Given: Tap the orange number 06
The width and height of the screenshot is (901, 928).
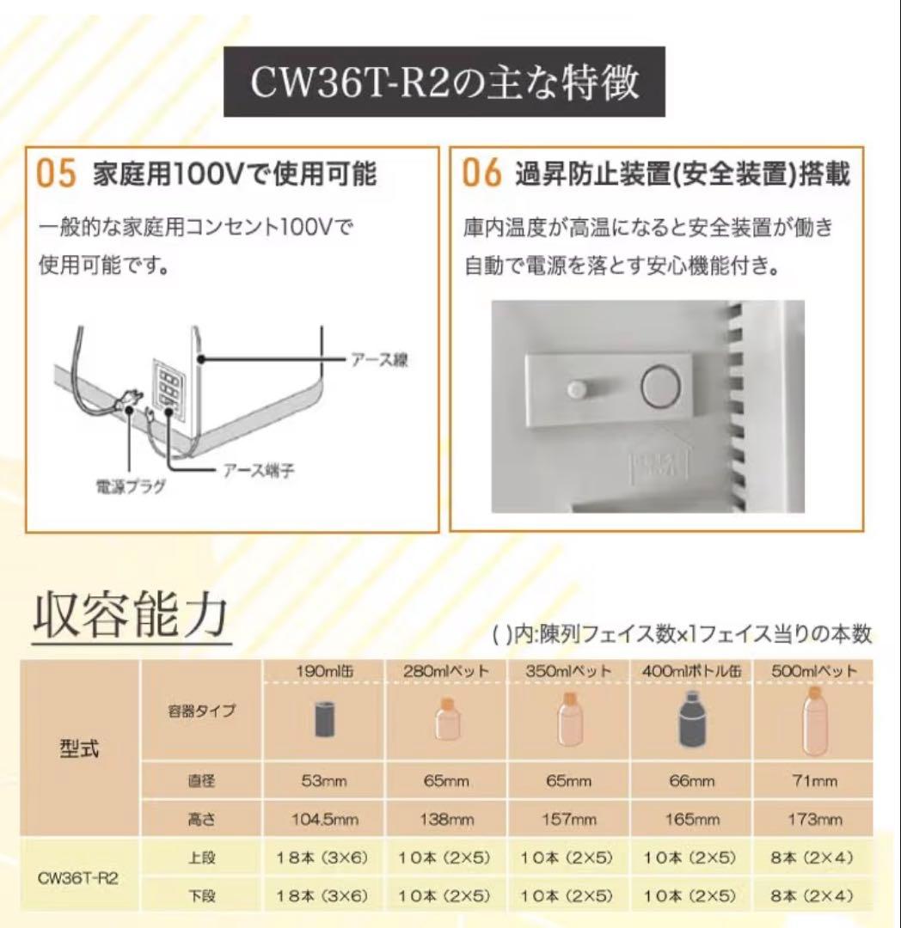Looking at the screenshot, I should tap(481, 174).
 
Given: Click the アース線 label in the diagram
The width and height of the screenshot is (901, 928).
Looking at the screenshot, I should tap(378, 360).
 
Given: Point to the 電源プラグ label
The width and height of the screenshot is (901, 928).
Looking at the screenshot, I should tap(130, 487).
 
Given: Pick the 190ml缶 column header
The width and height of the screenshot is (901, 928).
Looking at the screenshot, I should tap(322, 671).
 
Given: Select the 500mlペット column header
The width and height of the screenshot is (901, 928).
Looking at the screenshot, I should tap(813, 671).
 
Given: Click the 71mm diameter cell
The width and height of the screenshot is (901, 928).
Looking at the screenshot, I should tap(813, 781).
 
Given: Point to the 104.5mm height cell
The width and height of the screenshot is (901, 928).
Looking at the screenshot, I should tap(322, 820).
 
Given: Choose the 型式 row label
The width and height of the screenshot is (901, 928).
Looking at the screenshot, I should tap(79, 748).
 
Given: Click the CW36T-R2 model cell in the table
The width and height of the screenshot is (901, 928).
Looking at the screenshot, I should tap(79, 878).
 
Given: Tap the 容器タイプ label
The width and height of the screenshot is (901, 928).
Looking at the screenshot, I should tap(201, 711).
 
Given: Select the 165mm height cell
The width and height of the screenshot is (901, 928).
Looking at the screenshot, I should tap(691, 820).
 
